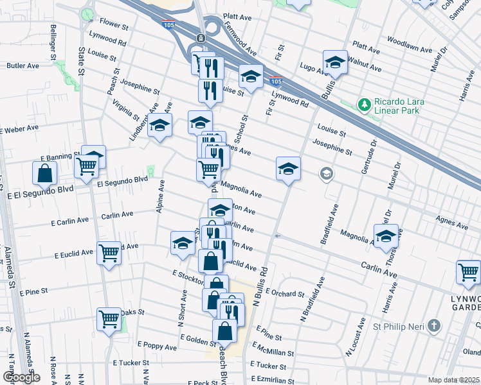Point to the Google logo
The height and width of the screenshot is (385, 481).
click(21, 377)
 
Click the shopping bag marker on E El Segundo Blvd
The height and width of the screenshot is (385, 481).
click(44, 173)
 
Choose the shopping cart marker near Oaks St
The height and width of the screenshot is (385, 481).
click(109, 319)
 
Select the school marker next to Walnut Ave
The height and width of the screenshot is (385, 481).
click(334, 62)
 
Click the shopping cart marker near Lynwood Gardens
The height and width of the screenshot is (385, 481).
click(468, 272)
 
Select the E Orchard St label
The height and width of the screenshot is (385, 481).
click(283, 294)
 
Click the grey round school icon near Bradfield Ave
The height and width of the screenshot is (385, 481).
click(327, 173)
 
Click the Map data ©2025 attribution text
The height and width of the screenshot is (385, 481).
click(454, 380)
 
